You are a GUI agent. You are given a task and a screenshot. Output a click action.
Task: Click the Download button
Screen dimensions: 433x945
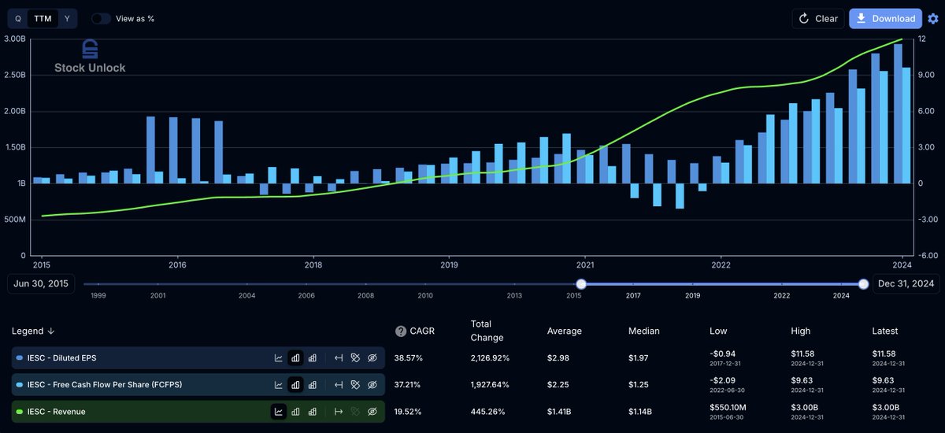(885, 18)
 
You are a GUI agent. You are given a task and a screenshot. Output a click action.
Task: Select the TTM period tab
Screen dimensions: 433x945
(43, 18)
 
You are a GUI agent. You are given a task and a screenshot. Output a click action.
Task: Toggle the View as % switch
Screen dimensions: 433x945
(101, 18)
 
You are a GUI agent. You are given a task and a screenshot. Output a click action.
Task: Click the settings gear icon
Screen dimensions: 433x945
(933, 19)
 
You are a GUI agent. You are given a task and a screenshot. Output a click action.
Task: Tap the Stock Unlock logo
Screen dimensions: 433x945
(90, 56)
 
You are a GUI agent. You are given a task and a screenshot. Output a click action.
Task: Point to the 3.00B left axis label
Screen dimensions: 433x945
(15, 39)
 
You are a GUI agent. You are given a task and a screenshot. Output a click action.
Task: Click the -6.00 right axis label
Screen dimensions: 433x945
(926, 256)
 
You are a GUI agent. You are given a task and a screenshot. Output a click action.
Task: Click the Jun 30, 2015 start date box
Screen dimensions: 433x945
(41, 284)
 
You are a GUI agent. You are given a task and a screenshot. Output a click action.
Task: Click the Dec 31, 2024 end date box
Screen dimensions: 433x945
(906, 284)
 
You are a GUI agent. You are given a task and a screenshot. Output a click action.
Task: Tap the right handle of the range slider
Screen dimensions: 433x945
(863, 284)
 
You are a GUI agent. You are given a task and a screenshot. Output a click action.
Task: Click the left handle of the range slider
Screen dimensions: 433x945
(581, 284)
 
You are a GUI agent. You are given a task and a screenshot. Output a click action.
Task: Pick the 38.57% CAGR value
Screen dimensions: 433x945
(409, 357)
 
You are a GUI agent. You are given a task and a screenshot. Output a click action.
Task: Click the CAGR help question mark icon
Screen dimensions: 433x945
(401, 331)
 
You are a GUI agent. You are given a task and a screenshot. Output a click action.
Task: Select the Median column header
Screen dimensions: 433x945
(644, 331)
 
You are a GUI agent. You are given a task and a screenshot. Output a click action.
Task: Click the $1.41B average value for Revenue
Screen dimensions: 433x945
(563, 411)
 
